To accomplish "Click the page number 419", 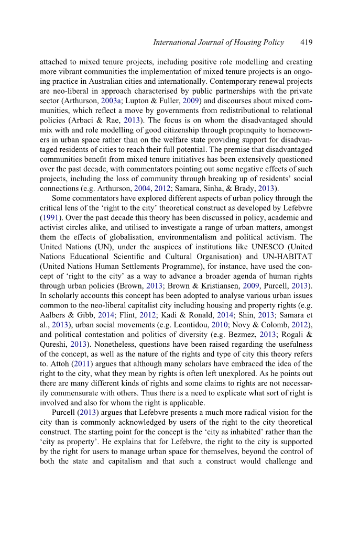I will [x=307, y=42].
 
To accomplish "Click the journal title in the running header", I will [x=218, y=42].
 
